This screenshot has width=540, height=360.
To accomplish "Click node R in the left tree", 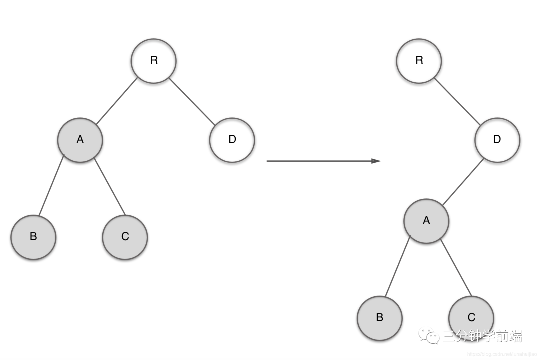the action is (x=154, y=61).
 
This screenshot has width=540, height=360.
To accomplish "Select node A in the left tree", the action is (x=80, y=140).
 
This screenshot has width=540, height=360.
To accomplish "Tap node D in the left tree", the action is (x=232, y=140).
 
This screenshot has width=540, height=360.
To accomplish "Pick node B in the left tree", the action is (x=33, y=237).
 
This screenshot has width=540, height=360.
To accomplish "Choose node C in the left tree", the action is (x=125, y=237).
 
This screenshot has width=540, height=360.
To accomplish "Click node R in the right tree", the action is (x=419, y=61).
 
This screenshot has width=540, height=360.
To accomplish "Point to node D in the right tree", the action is (x=497, y=140).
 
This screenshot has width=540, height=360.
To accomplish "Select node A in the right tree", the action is (x=426, y=221).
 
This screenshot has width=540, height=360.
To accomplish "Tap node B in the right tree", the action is (x=379, y=318).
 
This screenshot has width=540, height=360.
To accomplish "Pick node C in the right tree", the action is (x=471, y=318).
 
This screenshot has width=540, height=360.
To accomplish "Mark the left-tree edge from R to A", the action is (x=117, y=101).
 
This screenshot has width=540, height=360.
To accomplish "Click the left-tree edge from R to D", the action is (x=193, y=100).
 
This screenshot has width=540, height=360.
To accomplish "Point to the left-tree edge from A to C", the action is (x=109, y=185).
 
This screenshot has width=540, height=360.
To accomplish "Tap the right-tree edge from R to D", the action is (x=457, y=101).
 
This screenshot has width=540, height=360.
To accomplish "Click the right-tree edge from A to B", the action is (x=398, y=267).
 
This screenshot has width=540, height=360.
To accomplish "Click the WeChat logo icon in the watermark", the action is (x=429, y=336).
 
